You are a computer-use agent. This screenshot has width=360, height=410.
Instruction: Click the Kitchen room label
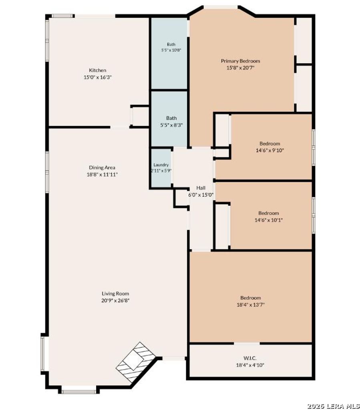(98, 70)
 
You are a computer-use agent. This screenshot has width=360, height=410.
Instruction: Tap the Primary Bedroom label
(240, 61)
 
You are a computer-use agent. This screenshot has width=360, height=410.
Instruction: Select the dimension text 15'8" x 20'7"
(240, 68)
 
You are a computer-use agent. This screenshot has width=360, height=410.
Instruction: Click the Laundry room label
(161, 165)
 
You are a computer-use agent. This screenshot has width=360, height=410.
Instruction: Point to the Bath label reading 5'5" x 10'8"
(171, 50)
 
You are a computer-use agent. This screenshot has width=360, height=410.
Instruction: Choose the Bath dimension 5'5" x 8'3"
(171, 125)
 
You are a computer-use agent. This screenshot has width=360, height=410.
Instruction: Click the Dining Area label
(102, 167)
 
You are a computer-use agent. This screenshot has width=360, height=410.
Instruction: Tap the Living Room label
(115, 293)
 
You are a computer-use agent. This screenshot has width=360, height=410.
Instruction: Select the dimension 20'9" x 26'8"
(115, 300)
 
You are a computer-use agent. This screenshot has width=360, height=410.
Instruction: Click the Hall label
(201, 188)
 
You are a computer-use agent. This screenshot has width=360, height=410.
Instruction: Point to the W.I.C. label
(250, 358)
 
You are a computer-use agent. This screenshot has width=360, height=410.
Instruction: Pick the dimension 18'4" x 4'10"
(250, 365)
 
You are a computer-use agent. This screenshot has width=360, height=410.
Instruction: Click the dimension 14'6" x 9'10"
(269, 151)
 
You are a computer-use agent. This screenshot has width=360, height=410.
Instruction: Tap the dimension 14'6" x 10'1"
(268, 220)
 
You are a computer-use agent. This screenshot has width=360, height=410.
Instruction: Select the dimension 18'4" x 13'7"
(250, 305)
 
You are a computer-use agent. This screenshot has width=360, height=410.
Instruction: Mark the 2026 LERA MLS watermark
(333, 406)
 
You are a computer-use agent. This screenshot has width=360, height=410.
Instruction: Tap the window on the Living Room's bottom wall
(79, 392)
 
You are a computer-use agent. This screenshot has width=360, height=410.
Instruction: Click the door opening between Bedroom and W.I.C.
(247, 343)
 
